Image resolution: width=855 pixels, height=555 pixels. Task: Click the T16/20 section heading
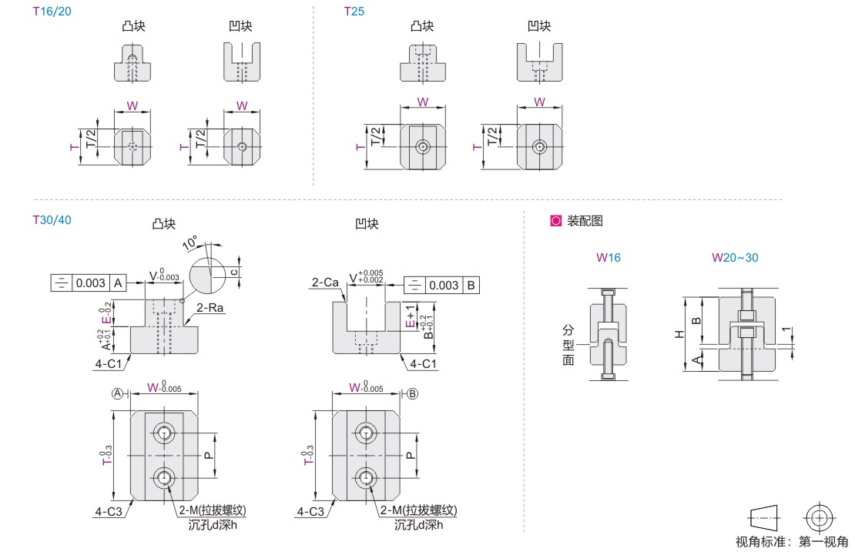click(x=52, y=12)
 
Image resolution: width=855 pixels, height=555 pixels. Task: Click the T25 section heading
click(x=354, y=12)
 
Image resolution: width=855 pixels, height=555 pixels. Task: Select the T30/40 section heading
click(x=52, y=219)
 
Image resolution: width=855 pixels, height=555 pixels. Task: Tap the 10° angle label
click(x=189, y=242)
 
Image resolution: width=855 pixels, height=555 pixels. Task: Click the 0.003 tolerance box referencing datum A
click(x=89, y=283)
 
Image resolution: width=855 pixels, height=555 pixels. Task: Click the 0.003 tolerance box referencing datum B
click(x=441, y=285)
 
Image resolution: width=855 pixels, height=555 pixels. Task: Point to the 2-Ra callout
click(x=210, y=307)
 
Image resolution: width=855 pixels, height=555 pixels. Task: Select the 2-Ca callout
click(x=325, y=283)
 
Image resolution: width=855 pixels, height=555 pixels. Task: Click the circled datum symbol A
click(x=117, y=393)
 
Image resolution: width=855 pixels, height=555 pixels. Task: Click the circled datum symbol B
click(x=412, y=393)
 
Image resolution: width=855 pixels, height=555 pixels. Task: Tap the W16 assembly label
click(x=609, y=258)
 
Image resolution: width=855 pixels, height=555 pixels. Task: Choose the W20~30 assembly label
click(x=735, y=258)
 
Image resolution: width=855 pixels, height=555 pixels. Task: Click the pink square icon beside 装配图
click(x=555, y=221)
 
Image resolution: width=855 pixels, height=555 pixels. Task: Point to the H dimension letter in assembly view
click(x=679, y=334)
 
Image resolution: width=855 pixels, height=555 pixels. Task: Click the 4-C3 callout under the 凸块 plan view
click(x=109, y=511)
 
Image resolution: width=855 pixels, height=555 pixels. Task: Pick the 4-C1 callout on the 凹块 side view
click(x=423, y=363)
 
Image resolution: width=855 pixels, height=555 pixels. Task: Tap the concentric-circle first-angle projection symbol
click(x=820, y=517)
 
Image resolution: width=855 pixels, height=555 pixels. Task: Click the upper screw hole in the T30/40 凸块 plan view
click(x=163, y=433)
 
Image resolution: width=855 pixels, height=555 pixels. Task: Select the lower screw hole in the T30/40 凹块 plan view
click(x=366, y=478)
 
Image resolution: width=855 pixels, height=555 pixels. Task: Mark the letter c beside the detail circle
click(x=234, y=272)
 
